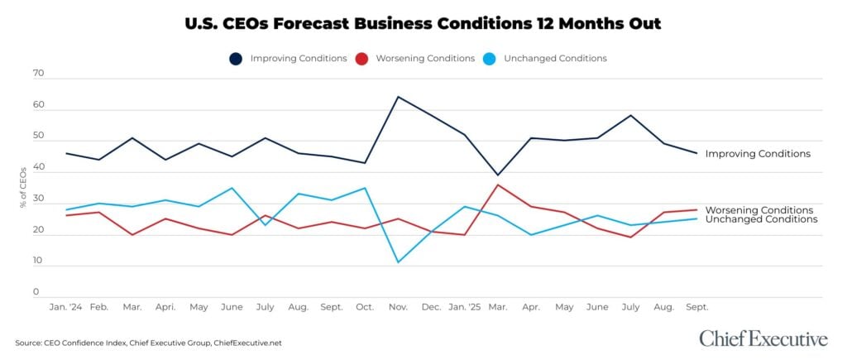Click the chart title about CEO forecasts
(x=423, y=23)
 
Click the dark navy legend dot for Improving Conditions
(x=236, y=59)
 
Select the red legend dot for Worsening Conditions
(x=361, y=59)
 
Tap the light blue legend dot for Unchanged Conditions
(x=489, y=59)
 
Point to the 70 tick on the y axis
(x=38, y=74)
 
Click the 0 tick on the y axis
(x=36, y=292)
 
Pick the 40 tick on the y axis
(x=38, y=167)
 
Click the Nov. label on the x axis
(x=398, y=307)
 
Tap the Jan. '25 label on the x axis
(x=465, y=307)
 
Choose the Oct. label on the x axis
(x=365, y=307)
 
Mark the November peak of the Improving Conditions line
(x=398, y=97)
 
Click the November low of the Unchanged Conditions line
(x=398, y=262)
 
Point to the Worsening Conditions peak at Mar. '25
(x=497, y=185)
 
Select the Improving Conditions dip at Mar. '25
(x=497, y=175)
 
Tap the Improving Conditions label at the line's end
(x=757, y=154)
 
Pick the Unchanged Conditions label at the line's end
(x=761, y=219)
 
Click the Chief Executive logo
(x=763, y=338)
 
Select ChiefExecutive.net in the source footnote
(x=247, y=343)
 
